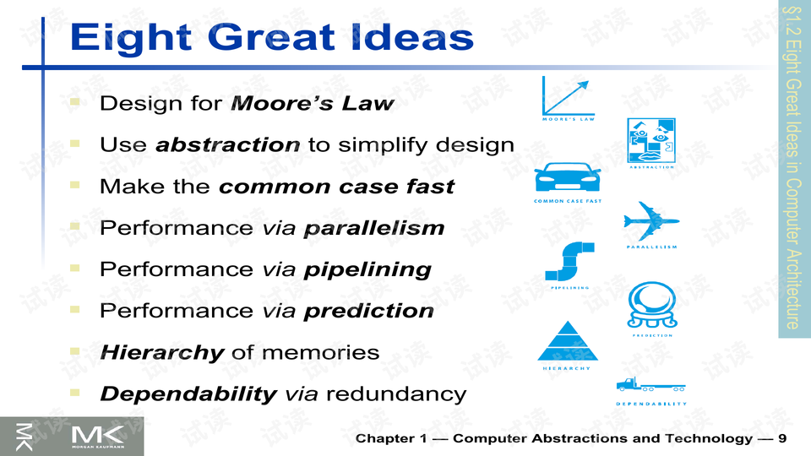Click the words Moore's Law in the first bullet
[x=313, y=103]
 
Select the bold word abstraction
[x=228, y=144]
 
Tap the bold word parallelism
[x=374, y=228]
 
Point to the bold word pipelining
[x=367, y=270]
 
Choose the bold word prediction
[x=369, y=312]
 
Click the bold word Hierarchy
[x=162, y=353]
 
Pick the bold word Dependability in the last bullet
[x=188, y=394]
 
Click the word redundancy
[x=396, y=394]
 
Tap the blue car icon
[x=568, y=176]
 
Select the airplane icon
[x=651, y=221]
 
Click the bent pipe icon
[x=569, y=262]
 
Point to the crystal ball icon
[x=652, y=305]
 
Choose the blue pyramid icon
[x=568, y=341]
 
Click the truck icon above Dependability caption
[x=650, y=384]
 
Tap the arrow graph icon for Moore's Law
[x=568, y=96]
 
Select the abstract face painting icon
[x=651, y=141]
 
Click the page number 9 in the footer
[x=781, y=438]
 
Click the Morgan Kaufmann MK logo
[x=98, y=437]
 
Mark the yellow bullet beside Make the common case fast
[x=75, y=185]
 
